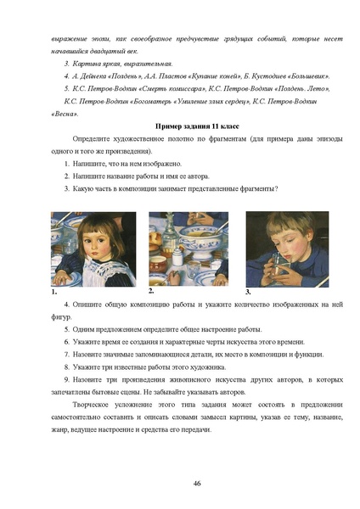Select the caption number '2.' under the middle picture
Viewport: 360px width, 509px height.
point(150,290)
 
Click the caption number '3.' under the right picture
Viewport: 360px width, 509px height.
point(248,291)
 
